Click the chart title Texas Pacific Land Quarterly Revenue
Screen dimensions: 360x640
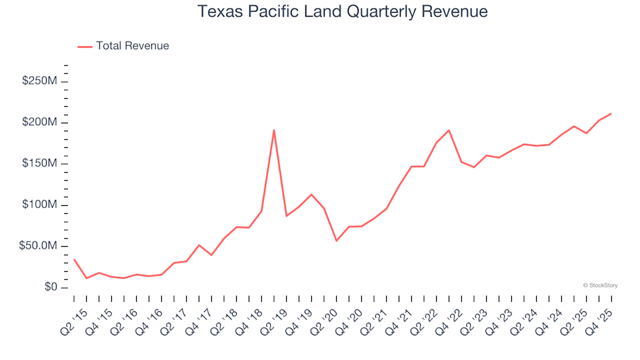[343, 12]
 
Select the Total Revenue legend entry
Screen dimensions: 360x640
[132, 46]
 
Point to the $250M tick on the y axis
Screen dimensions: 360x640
[40, 81]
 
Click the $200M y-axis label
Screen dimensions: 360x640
[40, 123]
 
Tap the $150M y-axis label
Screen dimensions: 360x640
[40, 164]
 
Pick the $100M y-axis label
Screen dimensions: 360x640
[40, 205]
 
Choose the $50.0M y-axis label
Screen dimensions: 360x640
[39, 247]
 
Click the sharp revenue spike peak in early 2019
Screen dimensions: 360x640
[274, 130]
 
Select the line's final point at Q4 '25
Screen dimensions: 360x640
[611, 114]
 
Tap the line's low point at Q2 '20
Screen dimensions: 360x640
[337, 241]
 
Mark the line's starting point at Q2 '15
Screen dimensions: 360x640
[74, 259]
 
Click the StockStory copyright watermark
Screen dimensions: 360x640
[600, 285]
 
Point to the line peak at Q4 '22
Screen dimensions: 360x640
[449, 131]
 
